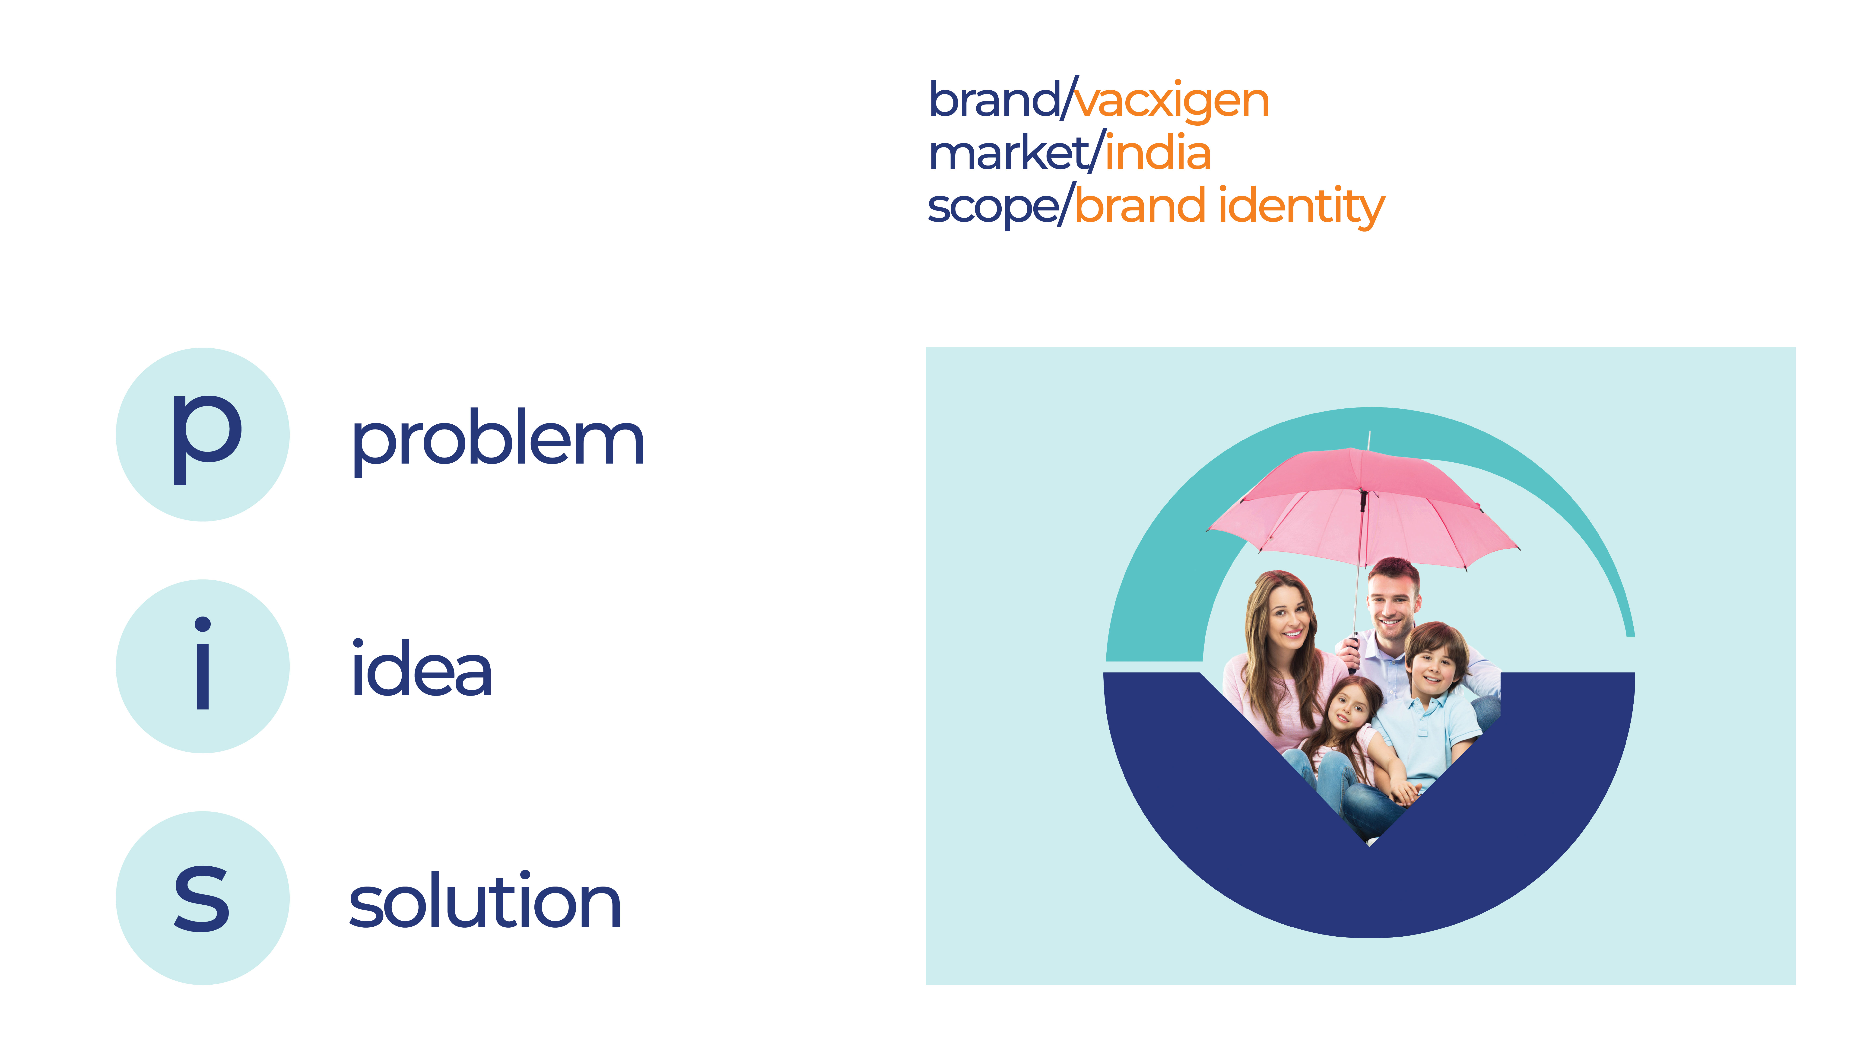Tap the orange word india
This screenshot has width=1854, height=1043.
coord(1157,153)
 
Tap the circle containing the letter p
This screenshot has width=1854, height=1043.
coord(203,435)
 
